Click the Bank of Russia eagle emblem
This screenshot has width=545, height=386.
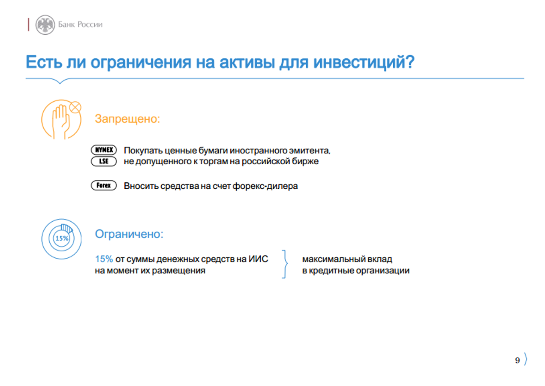45,25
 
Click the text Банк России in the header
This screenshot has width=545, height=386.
80,24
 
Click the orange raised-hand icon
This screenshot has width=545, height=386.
61,119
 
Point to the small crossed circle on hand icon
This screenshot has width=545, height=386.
75,107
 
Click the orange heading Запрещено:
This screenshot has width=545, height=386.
127,119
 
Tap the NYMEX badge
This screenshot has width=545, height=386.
104,150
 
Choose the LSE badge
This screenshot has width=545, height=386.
104,161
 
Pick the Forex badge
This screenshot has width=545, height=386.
104,185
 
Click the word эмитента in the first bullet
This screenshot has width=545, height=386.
310,151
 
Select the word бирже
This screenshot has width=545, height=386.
305,161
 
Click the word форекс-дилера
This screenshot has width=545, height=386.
265,186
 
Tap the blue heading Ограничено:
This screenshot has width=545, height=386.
129,234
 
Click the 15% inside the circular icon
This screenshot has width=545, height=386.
62,238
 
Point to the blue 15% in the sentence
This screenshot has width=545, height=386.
104,259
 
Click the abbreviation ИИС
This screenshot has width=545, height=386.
258,259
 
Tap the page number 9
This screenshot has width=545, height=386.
517,360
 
